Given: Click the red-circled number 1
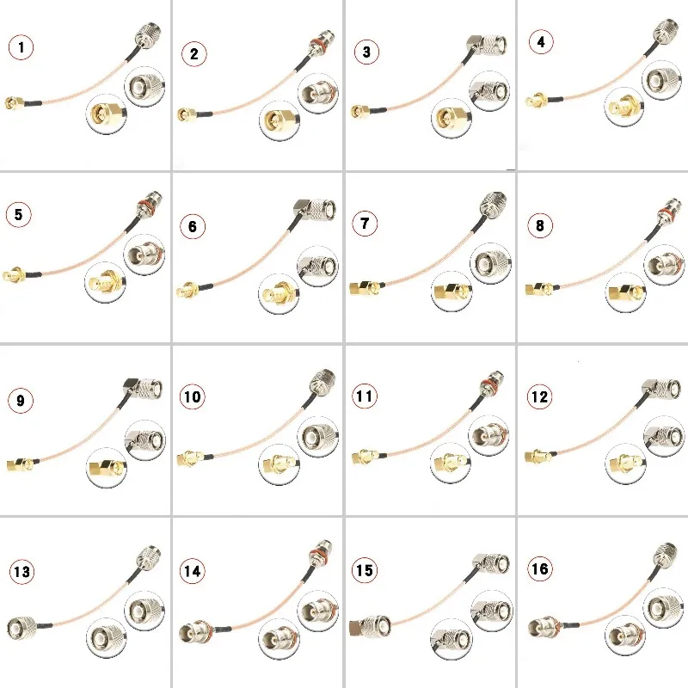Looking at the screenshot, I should click(21, 47).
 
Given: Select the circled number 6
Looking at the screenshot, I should click(193, 226).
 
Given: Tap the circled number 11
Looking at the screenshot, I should click(365, 396).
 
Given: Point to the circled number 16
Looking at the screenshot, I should click(540, 569).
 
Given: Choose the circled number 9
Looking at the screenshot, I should click(21, 399).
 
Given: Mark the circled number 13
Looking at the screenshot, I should click(21, 571).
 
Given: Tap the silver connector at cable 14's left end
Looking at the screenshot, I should click(191, 634).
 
